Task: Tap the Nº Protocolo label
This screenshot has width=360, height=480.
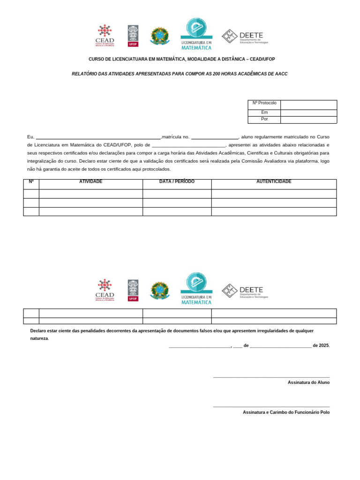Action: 264,103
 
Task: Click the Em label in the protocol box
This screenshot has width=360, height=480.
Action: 264,112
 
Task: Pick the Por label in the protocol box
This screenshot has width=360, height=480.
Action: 264,120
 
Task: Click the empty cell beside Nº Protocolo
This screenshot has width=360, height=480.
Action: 308,104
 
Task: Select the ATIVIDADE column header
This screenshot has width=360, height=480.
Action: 90,182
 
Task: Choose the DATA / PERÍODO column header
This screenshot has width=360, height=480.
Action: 177,182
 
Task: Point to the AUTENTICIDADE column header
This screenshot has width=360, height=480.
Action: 274,182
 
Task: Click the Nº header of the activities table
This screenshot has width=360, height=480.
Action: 31,182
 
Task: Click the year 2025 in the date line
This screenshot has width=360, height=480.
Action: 323,346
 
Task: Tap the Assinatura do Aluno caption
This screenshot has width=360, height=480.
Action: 308,382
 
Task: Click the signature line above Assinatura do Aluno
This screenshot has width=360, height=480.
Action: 271,377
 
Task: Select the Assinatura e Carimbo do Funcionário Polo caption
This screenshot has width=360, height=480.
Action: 286,412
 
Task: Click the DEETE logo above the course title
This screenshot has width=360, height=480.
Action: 245,36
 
